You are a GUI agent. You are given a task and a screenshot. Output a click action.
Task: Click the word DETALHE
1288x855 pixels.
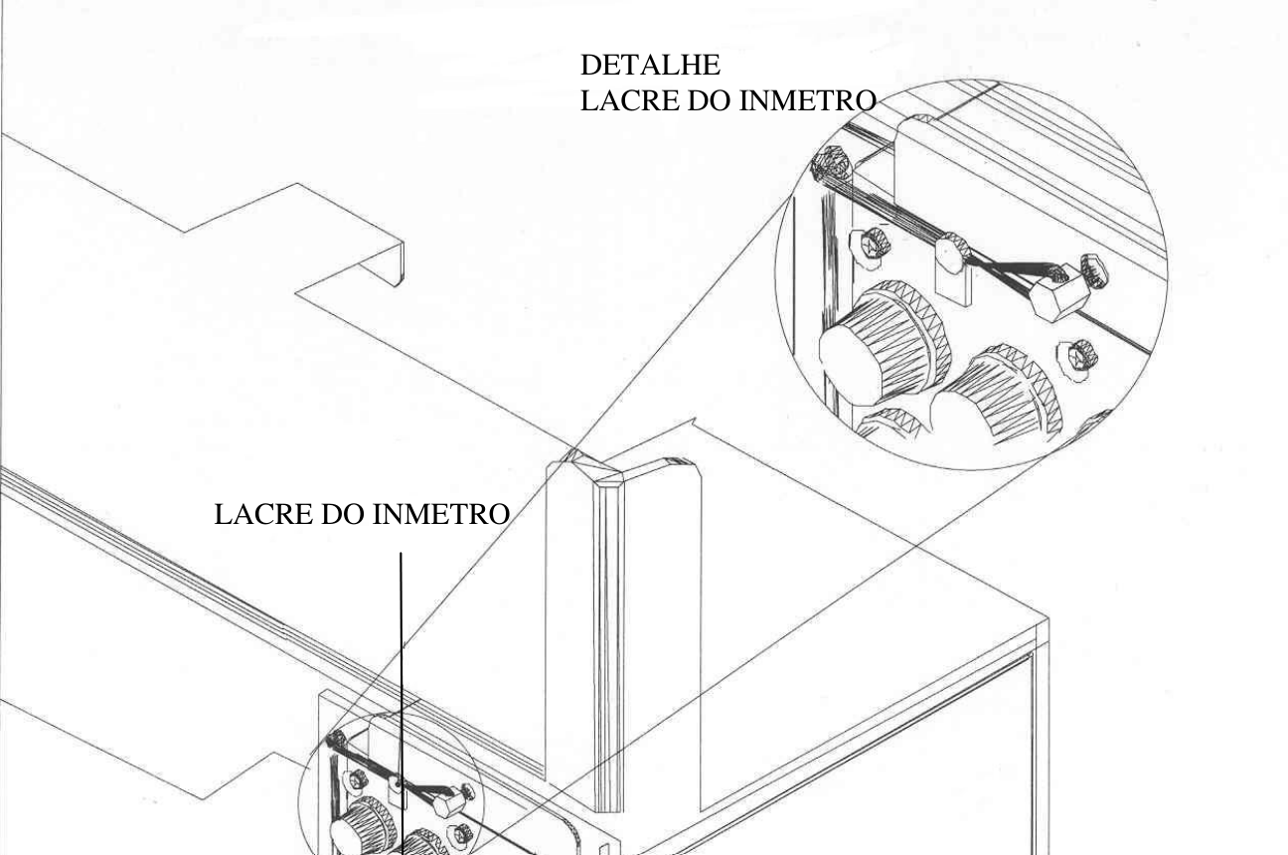point(650,65)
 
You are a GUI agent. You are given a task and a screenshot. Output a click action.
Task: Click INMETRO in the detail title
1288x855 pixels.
point(807,100)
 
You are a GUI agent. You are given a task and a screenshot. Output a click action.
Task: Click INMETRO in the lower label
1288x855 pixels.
point(441,514)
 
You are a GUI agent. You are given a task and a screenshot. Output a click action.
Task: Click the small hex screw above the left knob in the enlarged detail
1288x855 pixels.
point(871,247)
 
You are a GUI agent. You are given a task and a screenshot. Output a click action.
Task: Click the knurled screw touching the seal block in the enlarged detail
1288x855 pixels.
point(1095,270)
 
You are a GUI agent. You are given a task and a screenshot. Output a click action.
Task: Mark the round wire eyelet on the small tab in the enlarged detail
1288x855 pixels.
point(952,252)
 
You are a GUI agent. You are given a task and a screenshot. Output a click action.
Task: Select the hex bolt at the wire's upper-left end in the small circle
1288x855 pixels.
point(336,739)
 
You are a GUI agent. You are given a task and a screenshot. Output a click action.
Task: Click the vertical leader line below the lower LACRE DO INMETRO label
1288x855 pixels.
point(402,704)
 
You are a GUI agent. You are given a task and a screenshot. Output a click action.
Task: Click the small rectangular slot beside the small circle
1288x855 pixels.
point(604,850)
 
